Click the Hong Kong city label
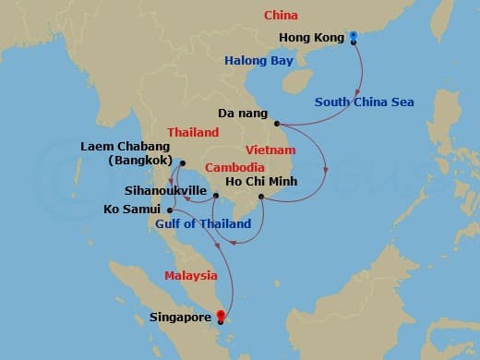point(311,38)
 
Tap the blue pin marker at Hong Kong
point(354,37)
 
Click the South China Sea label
point(364,102)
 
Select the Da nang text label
point(243,114)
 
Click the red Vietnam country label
point(270,150)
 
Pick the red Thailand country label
point(193,133)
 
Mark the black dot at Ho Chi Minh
point(261,196)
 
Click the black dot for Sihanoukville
point(214,195)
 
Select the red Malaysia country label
point(191,275)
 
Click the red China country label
point(281,16)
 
